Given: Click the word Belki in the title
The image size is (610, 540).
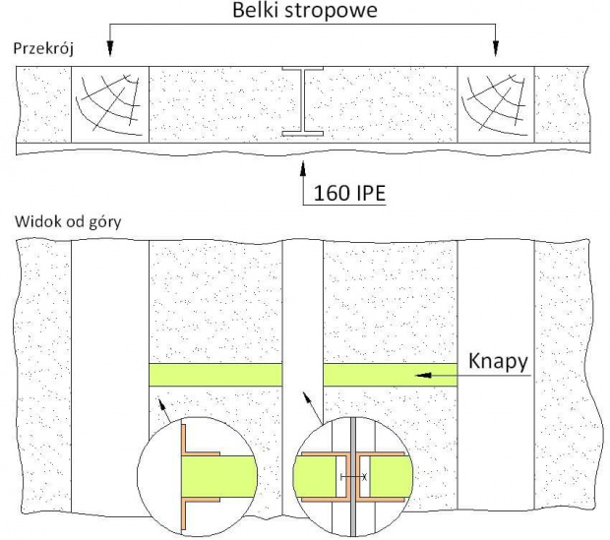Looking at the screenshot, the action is pos(256,10).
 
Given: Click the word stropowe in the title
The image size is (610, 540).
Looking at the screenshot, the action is pos(331,11).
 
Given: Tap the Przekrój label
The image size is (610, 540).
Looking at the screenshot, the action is pos(43,49).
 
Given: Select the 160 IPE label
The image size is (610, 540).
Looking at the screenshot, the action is pos(349,193).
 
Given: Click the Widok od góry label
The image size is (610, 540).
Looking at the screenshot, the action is pos(68,222).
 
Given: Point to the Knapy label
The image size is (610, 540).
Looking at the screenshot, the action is pos(499,362).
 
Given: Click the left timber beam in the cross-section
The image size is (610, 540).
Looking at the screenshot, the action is pos(110,104).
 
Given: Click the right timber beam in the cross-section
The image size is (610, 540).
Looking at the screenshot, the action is pos(496,104).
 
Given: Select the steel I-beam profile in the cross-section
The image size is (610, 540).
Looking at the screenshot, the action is pos(303,102).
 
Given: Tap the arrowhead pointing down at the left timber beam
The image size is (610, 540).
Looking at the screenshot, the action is pos(110,48).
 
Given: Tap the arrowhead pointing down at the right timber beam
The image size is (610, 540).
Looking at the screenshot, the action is pos(496,48).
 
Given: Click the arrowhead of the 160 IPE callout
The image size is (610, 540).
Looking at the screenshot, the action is pos(303,167).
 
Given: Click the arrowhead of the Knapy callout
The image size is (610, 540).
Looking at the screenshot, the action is pos(423,376).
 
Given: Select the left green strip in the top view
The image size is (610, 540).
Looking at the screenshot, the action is pos(215,375).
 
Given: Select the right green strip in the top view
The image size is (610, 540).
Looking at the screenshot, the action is pos(391,375).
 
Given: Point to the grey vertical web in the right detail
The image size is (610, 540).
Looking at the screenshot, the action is pos(353,477).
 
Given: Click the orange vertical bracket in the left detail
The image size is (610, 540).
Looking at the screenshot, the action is pos(183,477).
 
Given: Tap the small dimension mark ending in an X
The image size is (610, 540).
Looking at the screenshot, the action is pos(353,477).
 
